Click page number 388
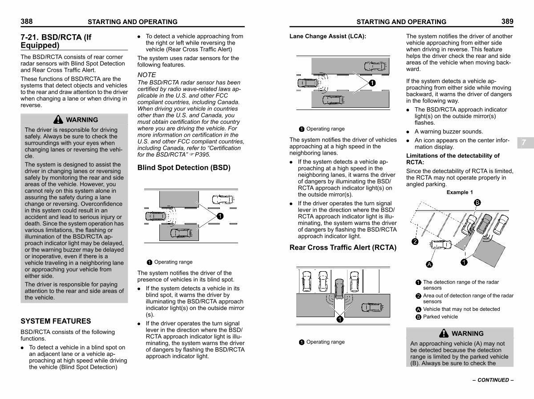click(x=27, y=21)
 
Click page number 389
click(x=507, y=21)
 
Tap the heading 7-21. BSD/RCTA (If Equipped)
click(x=56, y=41)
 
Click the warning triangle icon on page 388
click(x=58, y=119)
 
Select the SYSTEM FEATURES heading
click(x=56, y=321)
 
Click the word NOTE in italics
click(x=146, y=75)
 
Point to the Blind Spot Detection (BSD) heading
click(x=184, y=168)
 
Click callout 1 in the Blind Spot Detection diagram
click(x=220, y=216)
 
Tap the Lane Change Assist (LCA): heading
click(x=328, y=37)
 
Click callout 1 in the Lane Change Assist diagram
click(x=372, y=83)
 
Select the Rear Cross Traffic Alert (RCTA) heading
click(x=343, y=248)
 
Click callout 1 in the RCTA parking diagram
click(x=339, y=319)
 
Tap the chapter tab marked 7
click(x=524, y=142)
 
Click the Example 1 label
click(x=460, y=192)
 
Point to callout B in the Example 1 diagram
click(x=477, y=203)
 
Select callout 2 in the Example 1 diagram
click(x=415, y=242)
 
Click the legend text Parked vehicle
click(x=440, y=317)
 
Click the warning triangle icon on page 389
click(x=444, y=333)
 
